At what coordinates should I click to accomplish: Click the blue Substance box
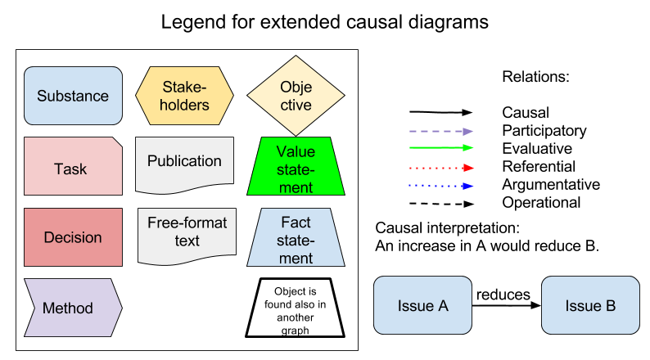click(73, 96)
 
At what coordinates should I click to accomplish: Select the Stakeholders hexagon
click(184, 96)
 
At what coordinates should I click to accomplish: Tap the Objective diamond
click(296, 96)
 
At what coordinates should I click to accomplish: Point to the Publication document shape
click(184, 164)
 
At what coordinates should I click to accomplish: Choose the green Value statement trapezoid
click(296, 167)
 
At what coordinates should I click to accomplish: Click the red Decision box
click(73, 237)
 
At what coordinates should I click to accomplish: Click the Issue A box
click(422, 306)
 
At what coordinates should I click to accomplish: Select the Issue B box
click(590, 306)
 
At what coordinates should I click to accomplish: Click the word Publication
click(184, 160)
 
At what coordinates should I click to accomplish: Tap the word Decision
click(73, 237)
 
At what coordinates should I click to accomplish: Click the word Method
click(67, 308)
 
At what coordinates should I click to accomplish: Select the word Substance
click(73, 96)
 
